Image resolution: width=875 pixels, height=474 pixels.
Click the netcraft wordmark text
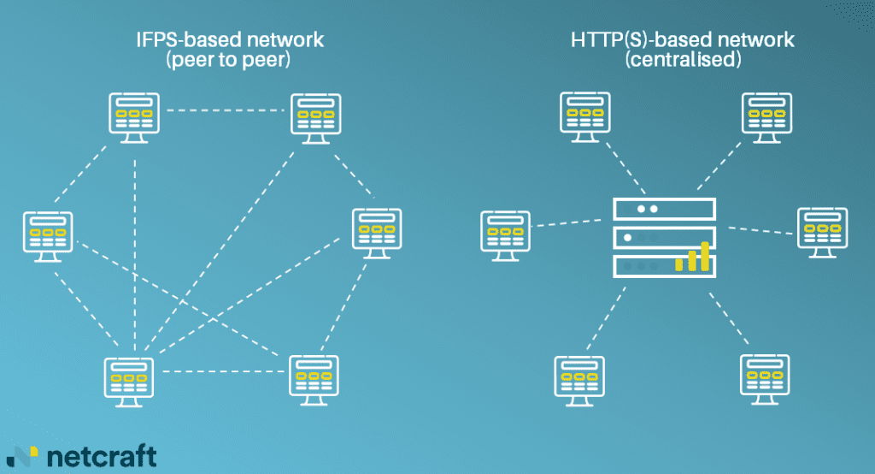(x=102, y=455)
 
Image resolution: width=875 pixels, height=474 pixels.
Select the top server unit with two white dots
(x=663, y=208)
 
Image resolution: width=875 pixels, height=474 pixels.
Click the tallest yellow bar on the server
(x=705, y=256)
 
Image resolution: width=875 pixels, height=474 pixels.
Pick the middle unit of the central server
(x=663, y=237)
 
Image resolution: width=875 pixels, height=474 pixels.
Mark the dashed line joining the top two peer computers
(x=225, y=110)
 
